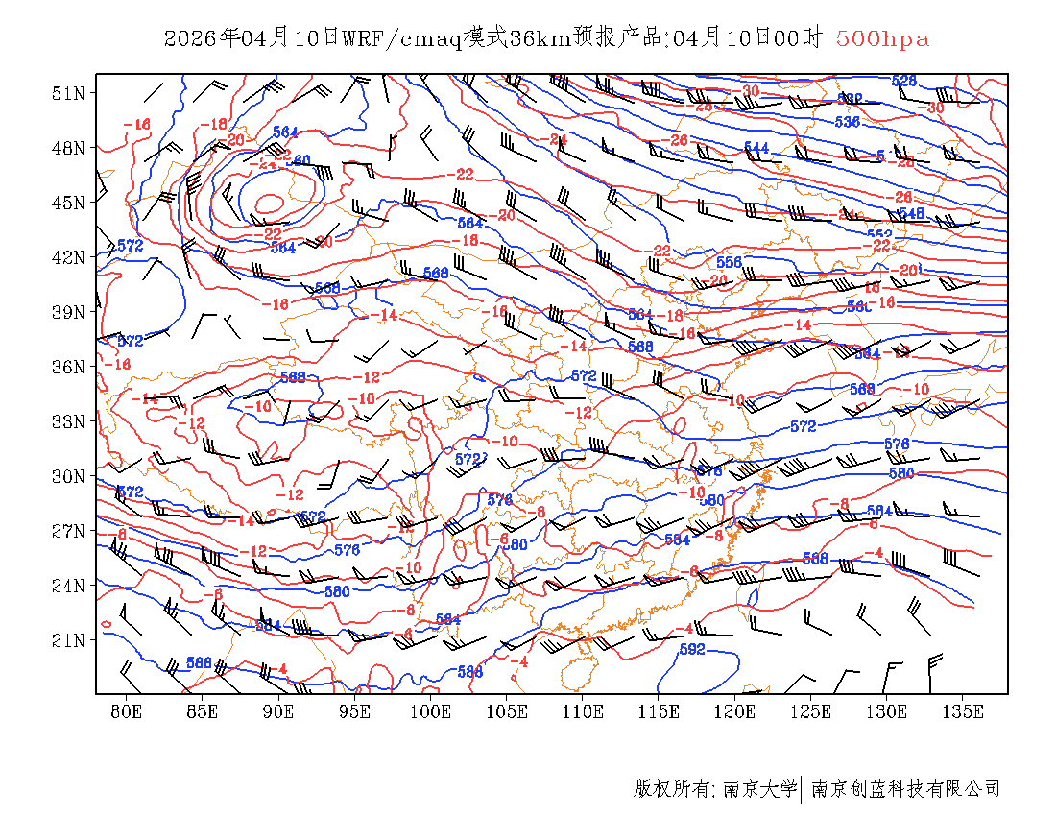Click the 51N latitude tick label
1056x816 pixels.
pos(68,93)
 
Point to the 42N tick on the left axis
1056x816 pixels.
pos(68,257)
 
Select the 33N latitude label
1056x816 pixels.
pos(68,421)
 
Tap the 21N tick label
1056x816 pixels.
pos(68,640)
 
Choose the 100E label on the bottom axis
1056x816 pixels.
pos(431,711)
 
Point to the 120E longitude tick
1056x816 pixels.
pos(735,711)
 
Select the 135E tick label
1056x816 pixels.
pos(964,711)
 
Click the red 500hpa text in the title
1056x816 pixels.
pos(882,39)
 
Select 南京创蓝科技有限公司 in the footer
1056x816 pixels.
pos(905,789)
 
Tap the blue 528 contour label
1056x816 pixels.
pos(904,81)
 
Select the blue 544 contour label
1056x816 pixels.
pos(756,148)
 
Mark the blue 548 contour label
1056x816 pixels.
pos(910,213)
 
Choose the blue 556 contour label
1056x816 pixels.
pos(730,262)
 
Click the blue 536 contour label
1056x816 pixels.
pos(847,122)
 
